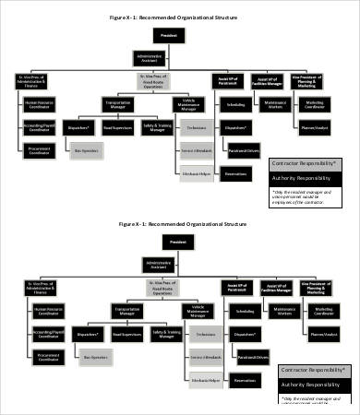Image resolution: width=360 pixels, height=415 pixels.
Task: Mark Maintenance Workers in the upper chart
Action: (273, 104)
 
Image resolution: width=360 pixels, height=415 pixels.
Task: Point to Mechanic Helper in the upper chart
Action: (192, 171)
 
